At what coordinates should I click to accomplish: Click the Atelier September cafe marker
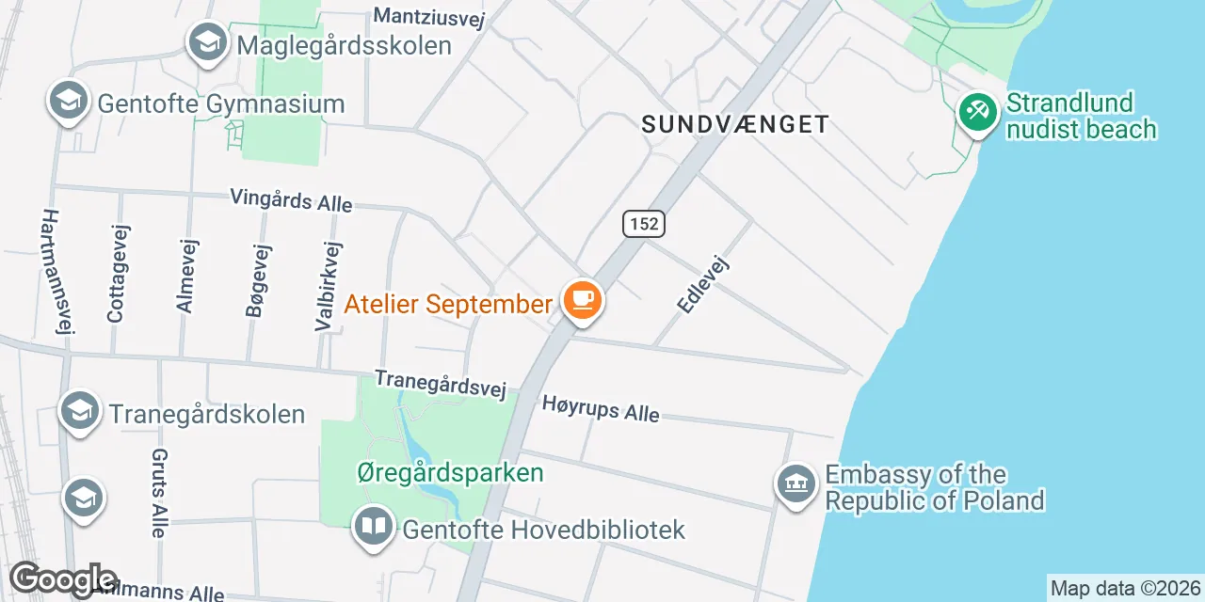click(x=583, y=301)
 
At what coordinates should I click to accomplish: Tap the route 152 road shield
click(x=644, y=224)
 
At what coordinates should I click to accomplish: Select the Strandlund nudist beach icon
click(x=977, y=113)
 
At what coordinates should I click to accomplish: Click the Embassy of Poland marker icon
click(x=795, y=484)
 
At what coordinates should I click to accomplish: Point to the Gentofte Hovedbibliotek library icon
click(x=374, y=526)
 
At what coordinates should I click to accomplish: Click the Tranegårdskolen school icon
click(x=80, y=411)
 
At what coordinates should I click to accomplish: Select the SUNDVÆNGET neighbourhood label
click(x=735, y=124)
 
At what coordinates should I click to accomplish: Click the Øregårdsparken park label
click(x=450, y=472)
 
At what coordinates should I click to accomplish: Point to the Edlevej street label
click(x=703, y=282)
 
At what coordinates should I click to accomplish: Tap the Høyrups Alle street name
click(x=600, y=409)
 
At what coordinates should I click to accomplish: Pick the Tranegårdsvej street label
click(x=441, y=383)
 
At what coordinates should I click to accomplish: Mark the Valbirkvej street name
click(x=329, y=285)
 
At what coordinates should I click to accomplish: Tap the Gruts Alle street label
click(x=158, y=492)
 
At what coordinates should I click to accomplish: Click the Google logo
click(x=62, y=578)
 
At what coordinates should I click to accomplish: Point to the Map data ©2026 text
click(x=1126, y=589)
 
